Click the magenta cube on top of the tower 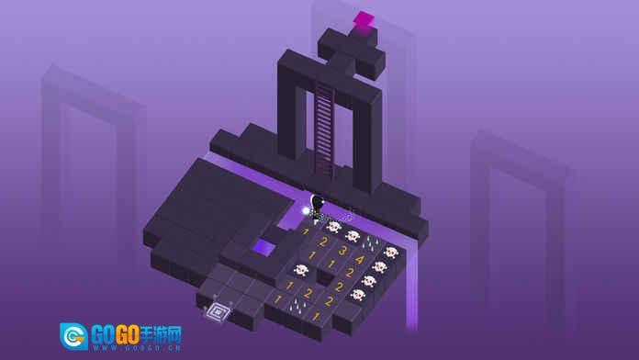coord(364,19)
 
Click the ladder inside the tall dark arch coord(324,129)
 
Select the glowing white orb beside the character coord(306,211)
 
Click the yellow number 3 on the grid coord(342,251)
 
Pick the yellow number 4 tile coord(360,259)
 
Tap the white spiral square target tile coord(218,313)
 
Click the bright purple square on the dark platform coord(263,247)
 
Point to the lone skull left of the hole coord(301,269)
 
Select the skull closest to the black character coord(334,227)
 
